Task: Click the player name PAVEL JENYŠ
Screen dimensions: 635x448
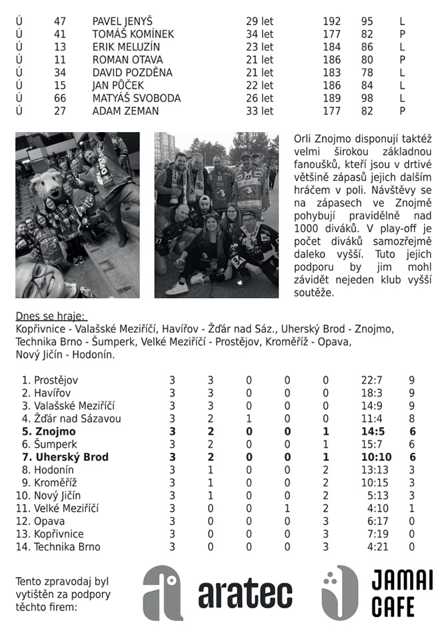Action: click(122, 21)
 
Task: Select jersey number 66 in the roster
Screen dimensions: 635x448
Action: click(60, 98)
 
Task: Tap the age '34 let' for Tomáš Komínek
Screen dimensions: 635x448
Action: click(259, 34)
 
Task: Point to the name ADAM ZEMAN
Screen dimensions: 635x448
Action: click(125, 111)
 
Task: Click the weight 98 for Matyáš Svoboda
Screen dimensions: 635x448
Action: click(367, 98)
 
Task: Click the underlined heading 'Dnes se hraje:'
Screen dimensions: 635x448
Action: click(51, 317)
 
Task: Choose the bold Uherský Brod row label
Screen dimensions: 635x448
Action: click(71, 457)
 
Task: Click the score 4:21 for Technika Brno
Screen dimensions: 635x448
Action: click(373, 546)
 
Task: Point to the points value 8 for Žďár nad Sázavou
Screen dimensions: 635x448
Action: click(411, 419)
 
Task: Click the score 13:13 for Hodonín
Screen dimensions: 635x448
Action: click(371, 470)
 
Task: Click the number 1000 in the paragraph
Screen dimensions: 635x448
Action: click(309, 228)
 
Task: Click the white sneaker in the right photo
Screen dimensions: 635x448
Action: click(177, 288)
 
